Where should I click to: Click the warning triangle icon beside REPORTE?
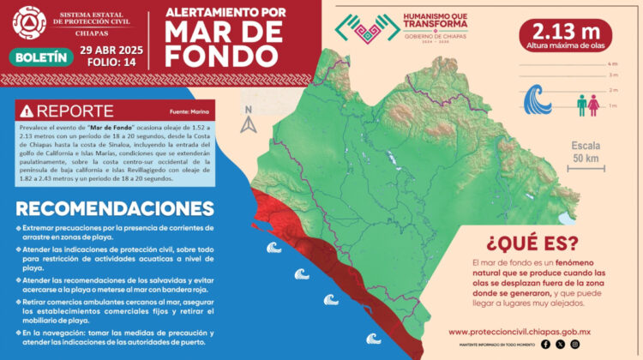point(27,111)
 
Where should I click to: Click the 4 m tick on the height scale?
point(612,64)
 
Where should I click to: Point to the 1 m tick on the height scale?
point(612,105)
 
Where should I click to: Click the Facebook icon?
point(545,345)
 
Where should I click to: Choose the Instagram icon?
point(575,345)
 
